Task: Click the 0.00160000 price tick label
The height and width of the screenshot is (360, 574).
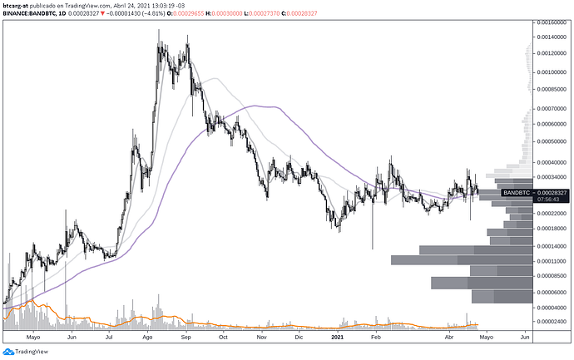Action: [551, 24]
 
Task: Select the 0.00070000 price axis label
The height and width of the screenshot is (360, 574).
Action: [551, 109]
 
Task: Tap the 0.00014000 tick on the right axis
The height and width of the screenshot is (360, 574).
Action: [551, 246]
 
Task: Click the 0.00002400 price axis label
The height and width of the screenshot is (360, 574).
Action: [551, 320]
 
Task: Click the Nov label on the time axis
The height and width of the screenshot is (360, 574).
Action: [262, 338]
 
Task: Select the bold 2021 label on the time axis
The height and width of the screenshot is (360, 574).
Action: [337, 338]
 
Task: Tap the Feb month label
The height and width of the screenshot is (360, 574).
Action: [375, 338]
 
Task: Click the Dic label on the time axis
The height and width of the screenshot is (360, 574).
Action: [300, 338]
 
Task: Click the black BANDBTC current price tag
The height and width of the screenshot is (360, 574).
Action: [517, 192]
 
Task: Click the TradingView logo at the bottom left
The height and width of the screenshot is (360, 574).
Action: [27, 351]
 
